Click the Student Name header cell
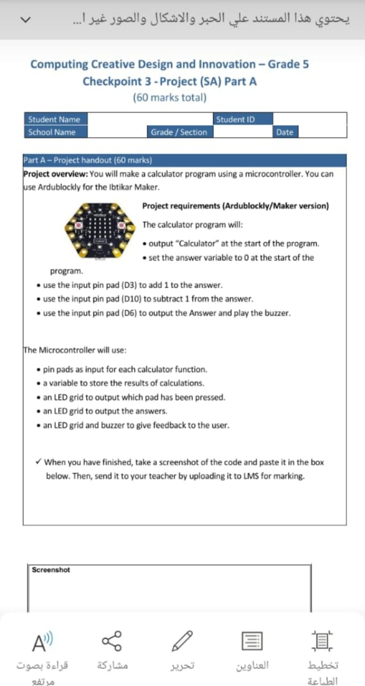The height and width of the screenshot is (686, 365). (54, 120)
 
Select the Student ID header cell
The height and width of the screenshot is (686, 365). (235, 120)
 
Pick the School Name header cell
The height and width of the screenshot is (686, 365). (51, 132)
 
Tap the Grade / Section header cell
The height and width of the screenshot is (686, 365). (179, 132)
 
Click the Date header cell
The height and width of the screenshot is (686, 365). (285, 132)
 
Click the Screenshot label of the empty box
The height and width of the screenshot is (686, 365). (51, 570)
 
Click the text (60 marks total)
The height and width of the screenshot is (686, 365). (169, 98)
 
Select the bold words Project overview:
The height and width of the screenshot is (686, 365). (56, 174)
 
